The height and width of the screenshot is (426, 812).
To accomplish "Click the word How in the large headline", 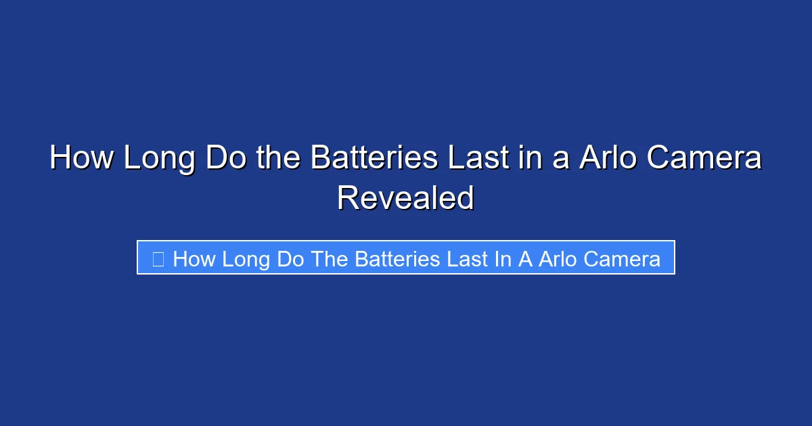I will tap(81, 159).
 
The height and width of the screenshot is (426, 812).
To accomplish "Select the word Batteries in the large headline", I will tap(373, 159).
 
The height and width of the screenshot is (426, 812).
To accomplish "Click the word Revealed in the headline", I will tap(405, 198).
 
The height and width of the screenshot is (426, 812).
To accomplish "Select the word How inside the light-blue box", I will tap(194, 259).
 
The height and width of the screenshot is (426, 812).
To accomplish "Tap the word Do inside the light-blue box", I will tap(290, 259).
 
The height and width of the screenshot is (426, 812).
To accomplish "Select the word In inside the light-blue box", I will tap(503, 259).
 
